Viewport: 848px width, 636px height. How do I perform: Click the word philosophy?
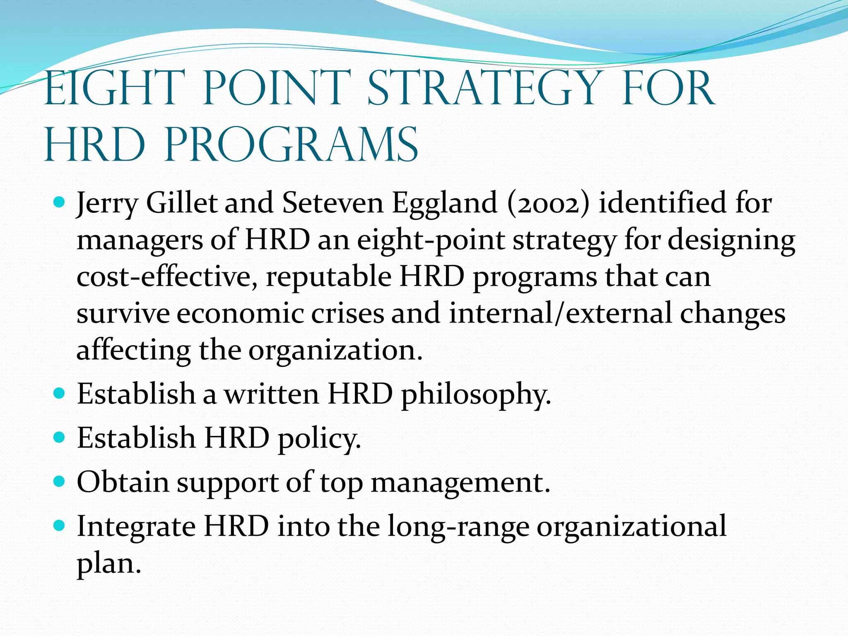(x=476, y=394)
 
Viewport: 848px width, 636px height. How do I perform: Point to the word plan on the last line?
(x=108, y=564)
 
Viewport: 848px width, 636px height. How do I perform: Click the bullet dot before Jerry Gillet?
(x=60, y=203)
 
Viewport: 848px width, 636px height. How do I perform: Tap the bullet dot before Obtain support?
(x=60, y=482)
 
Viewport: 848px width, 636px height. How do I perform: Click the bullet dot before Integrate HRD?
(x=60, y=526)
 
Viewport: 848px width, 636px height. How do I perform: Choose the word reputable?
(x=328, y=277)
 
